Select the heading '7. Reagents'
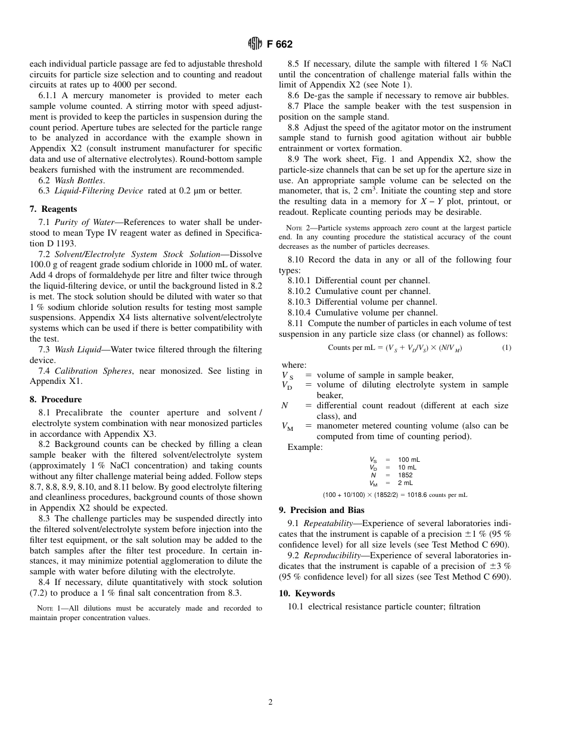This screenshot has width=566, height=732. (x=53, y=209)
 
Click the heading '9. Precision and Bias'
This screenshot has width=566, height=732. (x=322, y=510)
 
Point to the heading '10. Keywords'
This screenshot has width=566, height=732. (x=307, y=593)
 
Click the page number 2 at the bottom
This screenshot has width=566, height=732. (x=270, y=702)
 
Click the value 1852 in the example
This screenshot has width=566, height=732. (x=405, y=475)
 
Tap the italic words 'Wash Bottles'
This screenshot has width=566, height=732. (x=79, y=180)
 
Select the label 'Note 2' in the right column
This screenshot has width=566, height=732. (x=298, y=228)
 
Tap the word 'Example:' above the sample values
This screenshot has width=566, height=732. (x=305, y=447)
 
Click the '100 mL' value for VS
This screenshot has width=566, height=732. (x=409, y=459)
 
